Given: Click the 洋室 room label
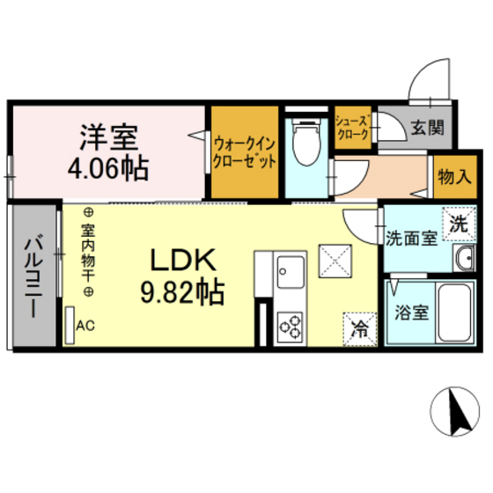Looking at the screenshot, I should click(107, 137).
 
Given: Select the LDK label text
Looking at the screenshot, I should click(182, 260).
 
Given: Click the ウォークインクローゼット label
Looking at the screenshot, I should click(245, 151).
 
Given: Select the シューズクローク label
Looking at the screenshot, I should click(354, 129).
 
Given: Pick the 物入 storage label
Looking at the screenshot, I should click(453, 175).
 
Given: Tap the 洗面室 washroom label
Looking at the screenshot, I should click(409, 238).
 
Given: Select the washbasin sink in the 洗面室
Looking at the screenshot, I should click(463, 258).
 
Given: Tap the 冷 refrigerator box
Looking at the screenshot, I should click(360, 327).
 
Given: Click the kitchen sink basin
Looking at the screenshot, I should click(290, 267).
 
